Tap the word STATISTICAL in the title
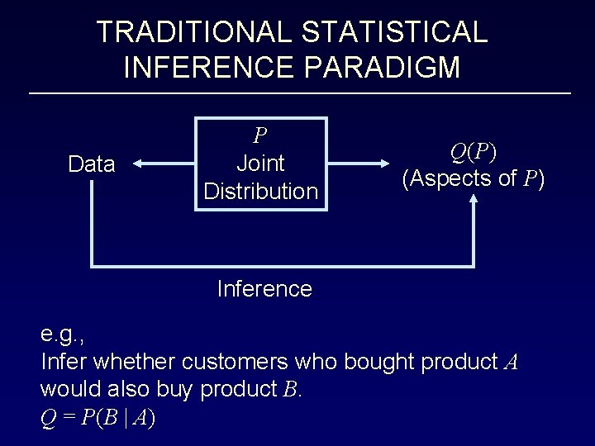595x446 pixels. (x=395, y=32)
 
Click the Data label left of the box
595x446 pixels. (x=92, y=164)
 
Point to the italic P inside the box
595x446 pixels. (x=260, y=135)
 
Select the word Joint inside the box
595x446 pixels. (x=260, y=164)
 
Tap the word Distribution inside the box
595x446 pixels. (x=260, y=192)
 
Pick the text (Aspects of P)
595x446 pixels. (x=474, y=178)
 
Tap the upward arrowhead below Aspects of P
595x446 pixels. (x=474, y=201)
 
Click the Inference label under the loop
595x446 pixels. (x=264, y=289)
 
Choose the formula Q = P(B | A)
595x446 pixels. (x=98, y=418)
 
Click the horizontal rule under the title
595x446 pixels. (x=299, y=93)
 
